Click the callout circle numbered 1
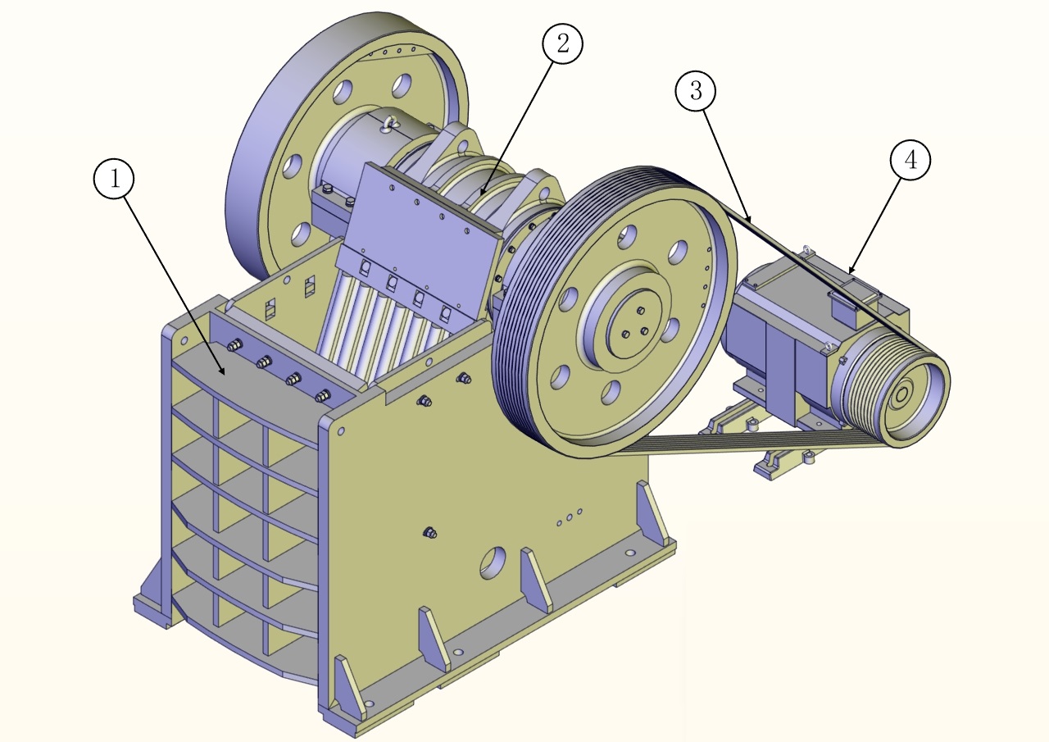click(114, 179)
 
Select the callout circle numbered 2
click(562, 43)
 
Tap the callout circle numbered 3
click(696, 90)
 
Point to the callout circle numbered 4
click(910, 160)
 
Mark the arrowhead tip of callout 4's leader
click(848, 274)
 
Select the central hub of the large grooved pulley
click(634, 324)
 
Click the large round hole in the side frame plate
click(493, 562)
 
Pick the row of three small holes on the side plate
click(570, 517)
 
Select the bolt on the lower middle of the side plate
click(429, 532)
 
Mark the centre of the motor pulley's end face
click(901, 396)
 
